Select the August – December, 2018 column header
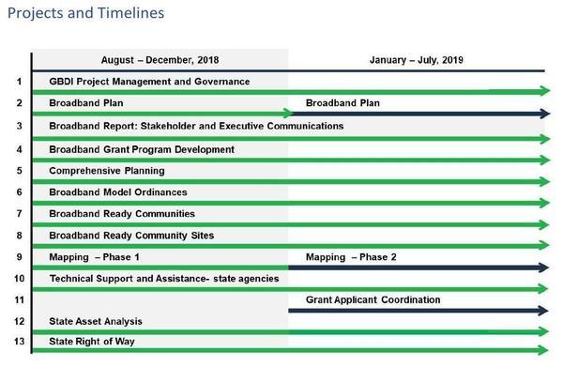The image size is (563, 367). coord(160,59)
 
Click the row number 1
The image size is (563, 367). coord(19,82)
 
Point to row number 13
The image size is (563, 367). coord(19,342)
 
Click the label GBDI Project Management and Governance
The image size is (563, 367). coord(149,82)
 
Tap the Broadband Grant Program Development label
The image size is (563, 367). coord(142,148)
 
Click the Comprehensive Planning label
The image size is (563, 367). coord(107,170)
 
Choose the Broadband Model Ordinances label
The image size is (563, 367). coord(117,191)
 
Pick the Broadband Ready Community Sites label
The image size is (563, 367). coord(131,235)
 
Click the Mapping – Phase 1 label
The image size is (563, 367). coord(95,256)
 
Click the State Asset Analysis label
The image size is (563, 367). coord(96,321)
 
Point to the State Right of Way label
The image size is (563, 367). coord(93,342)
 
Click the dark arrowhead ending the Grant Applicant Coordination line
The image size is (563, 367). coord(544,311)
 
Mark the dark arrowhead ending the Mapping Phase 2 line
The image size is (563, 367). coord(544,268)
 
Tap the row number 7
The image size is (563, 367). coord(19,213)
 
